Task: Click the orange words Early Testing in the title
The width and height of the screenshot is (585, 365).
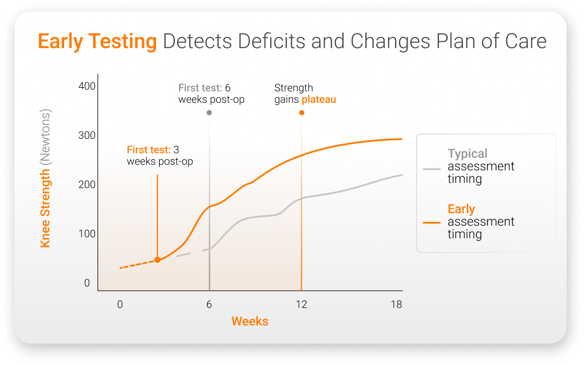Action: point(97,42)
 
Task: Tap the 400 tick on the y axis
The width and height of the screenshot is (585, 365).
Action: point(87,86)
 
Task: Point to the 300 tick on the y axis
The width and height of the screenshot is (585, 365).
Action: point(87,135)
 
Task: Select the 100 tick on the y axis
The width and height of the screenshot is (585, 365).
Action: point(87,233)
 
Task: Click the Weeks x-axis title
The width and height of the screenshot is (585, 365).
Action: point(250,321)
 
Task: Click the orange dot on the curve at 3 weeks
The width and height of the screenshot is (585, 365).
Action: point(157,260)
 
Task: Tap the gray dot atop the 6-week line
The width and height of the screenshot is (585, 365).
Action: point(209,113)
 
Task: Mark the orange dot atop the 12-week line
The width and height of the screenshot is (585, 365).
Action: point(302,113)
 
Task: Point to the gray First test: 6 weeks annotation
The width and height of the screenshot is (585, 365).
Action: point(211,93)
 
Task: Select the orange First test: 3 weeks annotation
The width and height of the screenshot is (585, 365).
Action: point(160,156)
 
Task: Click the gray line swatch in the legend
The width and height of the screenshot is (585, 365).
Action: point(432,169)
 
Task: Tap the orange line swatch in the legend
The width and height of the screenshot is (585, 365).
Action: point(432,222)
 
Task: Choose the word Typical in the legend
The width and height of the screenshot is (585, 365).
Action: point(468,154)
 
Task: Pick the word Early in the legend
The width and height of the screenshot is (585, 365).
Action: point(461,209)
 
